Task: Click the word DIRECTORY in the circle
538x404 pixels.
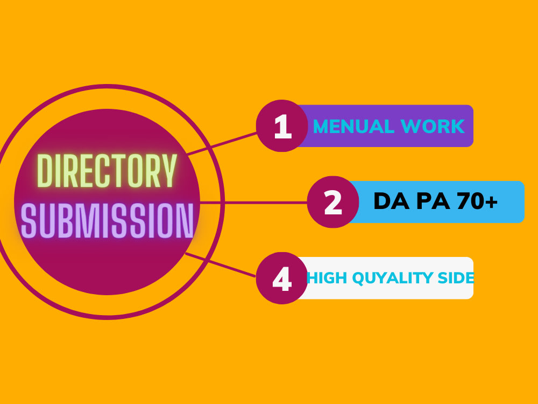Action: pyautogui.click(x=107, y=171)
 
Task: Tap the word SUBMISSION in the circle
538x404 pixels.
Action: pyautogui.click(x=107, y=220)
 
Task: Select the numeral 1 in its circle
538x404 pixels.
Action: pyautogui.click(x=283, y=127)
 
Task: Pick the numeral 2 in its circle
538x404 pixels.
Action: pyautogui.click(x=333, y=203)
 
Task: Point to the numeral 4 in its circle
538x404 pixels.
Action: pyautogui.click(x=282, y=279)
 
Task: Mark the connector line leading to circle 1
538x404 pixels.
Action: pyautogui.click(x=222, y=144)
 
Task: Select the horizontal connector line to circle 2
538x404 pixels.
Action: pyautogui.click(x=253, y=203)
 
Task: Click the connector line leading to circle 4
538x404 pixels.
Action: pyautogui.click(x=220, y=265)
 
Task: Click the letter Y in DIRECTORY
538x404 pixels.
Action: pyautogui.click(x=169, y=171)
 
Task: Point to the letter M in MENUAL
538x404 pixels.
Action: pyautogui.click(x=322, y=127)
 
